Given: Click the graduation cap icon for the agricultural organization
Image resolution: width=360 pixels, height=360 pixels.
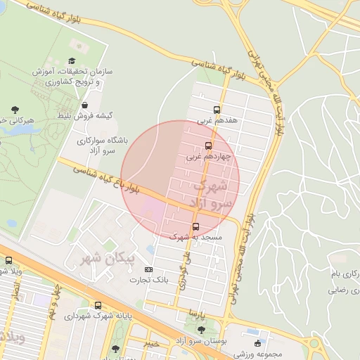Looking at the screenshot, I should [74, 62].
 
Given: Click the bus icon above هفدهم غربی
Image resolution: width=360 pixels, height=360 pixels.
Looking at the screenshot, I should [217, 110].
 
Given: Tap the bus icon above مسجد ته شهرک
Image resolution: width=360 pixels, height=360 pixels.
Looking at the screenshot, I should [195, 226].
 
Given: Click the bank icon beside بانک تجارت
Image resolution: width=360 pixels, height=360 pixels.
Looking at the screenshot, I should [148, 269].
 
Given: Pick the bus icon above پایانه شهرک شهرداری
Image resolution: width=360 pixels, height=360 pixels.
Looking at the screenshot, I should [98, 305].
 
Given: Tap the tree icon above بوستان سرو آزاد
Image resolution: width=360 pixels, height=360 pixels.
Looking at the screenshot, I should [202, 330].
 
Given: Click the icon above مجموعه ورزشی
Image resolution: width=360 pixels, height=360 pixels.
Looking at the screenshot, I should [257, 343].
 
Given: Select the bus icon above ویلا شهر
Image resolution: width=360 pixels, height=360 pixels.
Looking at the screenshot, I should [8, 261].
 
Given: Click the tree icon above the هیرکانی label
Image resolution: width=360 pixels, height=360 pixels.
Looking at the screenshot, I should [15, 109].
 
